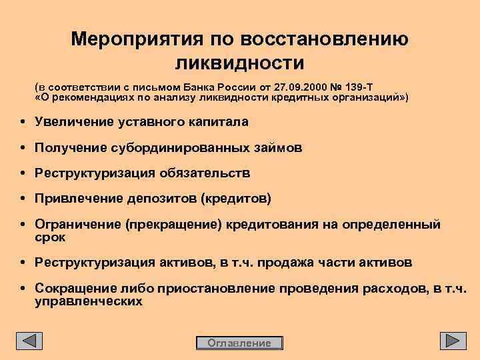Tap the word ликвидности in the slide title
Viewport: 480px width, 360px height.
239,63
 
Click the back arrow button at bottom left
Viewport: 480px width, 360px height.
29,341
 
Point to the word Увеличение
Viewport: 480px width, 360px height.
73,122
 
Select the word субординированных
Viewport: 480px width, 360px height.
176,148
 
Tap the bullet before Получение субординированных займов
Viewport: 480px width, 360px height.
23,148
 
